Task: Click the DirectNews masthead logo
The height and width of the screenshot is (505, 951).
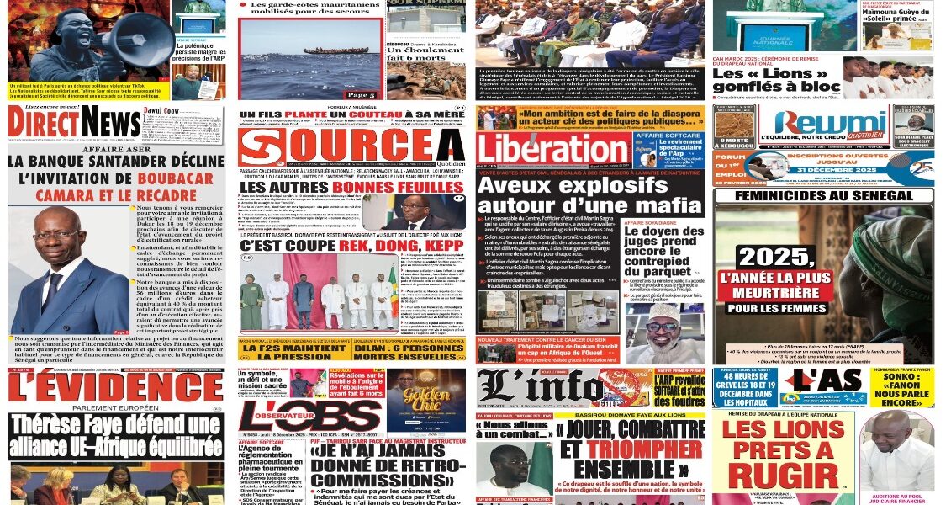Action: tap(74, 124)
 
